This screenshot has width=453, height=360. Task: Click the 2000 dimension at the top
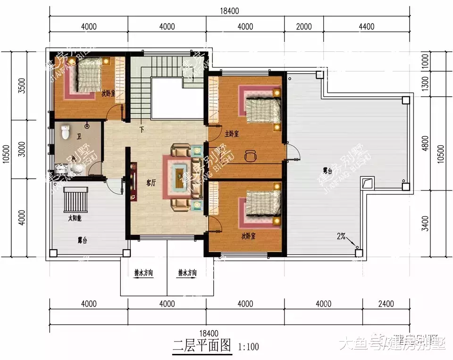point(304,27)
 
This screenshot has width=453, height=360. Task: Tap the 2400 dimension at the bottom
point(386,304)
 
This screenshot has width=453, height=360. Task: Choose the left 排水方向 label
point(143,273)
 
